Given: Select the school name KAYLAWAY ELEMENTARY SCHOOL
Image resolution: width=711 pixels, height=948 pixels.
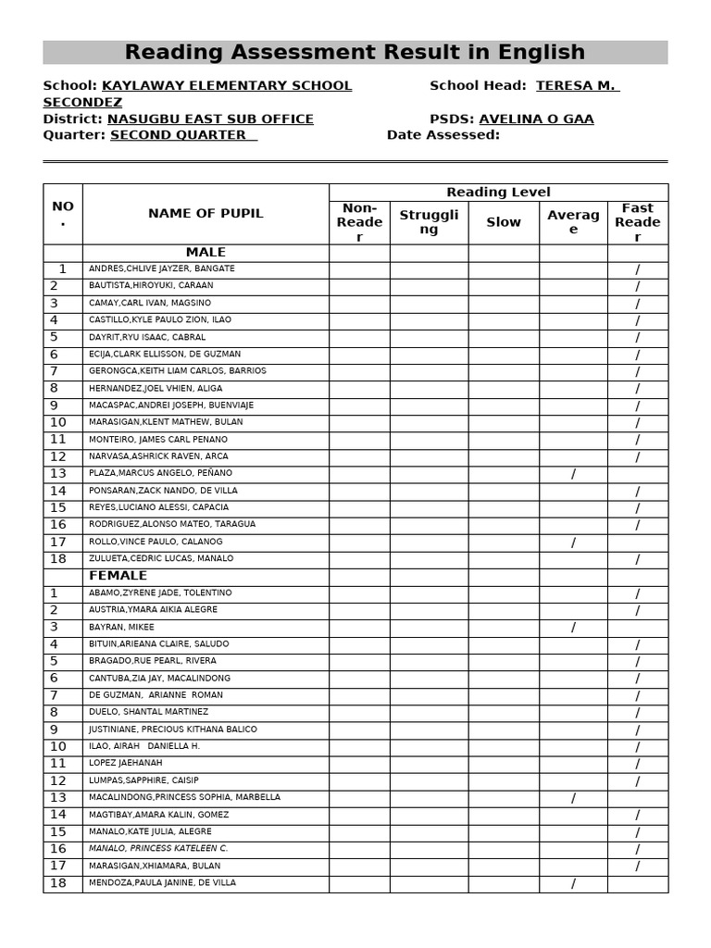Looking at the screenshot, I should pos(226,86).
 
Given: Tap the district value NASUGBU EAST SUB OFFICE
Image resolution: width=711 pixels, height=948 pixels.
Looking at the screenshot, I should pos(210,119).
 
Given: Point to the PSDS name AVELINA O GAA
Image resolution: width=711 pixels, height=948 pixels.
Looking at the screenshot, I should pos(536,119).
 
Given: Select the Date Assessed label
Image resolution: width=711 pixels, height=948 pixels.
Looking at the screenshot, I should pos(443,135).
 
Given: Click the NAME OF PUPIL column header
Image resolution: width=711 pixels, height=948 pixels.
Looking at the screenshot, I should pos(206,214).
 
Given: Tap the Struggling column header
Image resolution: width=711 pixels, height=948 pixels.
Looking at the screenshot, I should pos(429,222).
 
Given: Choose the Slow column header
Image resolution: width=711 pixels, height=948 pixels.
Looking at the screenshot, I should pos(504,222).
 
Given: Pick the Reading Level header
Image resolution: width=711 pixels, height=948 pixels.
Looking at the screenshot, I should pos(498,193).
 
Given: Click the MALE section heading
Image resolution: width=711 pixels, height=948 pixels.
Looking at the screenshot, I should pos(206,253).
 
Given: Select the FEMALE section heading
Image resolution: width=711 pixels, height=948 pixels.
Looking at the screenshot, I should pos(118,576).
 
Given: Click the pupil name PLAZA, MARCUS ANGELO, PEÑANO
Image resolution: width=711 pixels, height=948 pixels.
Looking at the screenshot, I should pos(160,473).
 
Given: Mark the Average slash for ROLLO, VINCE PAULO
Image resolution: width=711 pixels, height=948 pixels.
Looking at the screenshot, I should pos(573,543).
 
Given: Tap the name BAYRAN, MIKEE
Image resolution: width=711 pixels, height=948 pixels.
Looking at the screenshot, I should pos(121,627).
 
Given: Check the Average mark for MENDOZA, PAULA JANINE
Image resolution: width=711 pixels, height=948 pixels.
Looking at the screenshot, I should pos(573,884).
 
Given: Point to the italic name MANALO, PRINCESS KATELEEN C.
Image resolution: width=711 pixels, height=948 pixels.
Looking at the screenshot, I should pos(158,849).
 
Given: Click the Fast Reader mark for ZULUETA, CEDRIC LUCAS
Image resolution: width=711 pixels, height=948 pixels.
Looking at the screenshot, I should pos(637,559).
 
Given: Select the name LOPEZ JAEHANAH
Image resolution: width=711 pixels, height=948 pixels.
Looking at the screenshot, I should pos(125,763).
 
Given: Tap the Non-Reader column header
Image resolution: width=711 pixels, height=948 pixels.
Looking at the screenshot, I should pos(359,222).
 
